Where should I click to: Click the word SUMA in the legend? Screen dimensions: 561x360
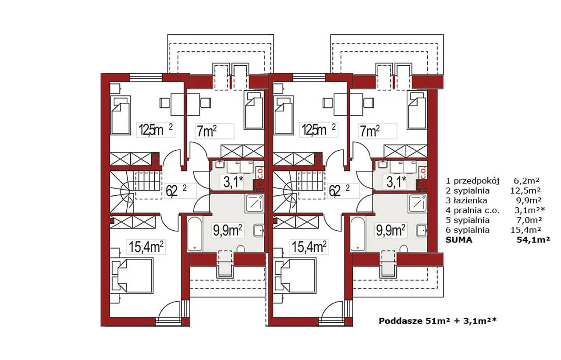click(459, 240)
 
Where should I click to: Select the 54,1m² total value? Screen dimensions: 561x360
click(533, 240)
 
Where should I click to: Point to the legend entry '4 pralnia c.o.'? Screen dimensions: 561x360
click(472, 211)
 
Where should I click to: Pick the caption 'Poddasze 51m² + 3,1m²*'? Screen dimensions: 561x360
click(437, 321)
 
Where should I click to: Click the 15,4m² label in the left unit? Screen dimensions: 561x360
click(146, 247)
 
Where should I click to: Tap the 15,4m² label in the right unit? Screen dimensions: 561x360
click(309, 247)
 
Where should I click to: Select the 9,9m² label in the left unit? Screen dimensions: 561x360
click(227, 230)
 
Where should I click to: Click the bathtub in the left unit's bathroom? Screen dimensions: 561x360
click(195, 234)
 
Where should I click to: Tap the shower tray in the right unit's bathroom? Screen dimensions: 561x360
click(417, 204)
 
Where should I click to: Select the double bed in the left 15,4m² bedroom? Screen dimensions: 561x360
click(135, 276)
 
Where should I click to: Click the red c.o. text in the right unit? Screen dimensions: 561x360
click(423, 173)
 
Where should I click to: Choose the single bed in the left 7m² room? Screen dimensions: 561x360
click(254, 110)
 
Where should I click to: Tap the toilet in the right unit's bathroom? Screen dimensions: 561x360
click(404, 249)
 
